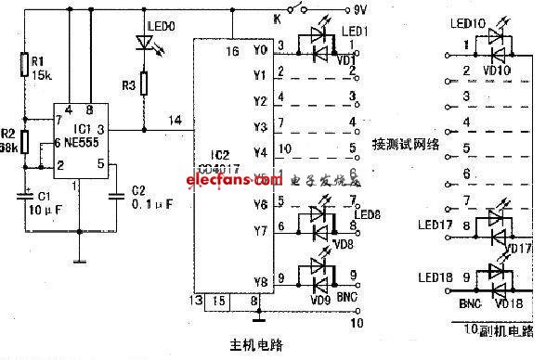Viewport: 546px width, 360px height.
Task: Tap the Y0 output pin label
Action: (x=259, y=48)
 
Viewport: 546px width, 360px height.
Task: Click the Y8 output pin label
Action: (x=259, y=280)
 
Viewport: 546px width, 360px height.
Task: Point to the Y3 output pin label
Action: (x=259, y=125)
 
